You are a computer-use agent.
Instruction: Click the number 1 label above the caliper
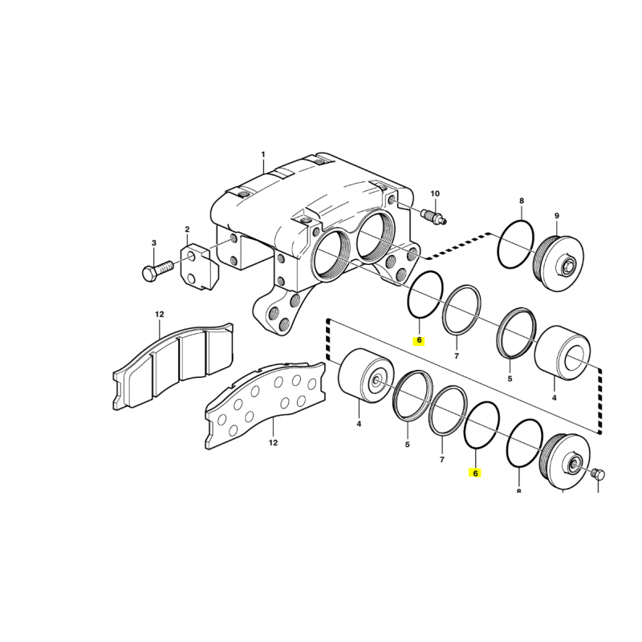(263, 154)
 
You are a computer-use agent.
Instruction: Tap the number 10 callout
(435, 193)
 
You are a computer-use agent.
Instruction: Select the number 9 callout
(557, 215)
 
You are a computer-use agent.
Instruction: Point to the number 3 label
(154, 243)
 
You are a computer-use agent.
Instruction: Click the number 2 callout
(187, 230)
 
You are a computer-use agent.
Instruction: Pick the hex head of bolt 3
(149, 273)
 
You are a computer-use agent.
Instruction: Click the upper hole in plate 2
(191, 257)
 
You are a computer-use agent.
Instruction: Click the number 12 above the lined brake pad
(159, 314)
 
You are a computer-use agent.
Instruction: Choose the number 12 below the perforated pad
(273, 442)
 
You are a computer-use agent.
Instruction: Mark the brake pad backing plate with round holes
(266, 404)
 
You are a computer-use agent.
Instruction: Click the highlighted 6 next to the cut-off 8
(475, 473)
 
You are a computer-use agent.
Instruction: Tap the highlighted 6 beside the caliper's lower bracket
(419, 340)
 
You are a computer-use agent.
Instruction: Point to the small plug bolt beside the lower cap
(598, 475)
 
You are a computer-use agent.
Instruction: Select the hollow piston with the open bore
(563, 353)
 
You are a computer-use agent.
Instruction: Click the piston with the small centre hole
(367, 376)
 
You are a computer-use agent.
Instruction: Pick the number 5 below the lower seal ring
(407, 445)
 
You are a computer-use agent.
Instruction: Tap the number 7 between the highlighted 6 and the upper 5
(457, 356)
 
